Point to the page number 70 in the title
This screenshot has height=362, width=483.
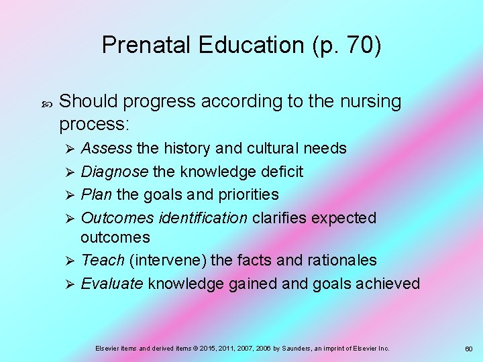click(358, 45)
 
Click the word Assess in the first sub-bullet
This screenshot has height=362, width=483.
click(106, 148)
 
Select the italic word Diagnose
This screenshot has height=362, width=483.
click(114, 172)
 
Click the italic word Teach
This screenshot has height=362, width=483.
click(103, 260)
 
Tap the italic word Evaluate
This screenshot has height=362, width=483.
click(111, 284)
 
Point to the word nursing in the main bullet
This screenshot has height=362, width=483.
click(370, 102)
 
